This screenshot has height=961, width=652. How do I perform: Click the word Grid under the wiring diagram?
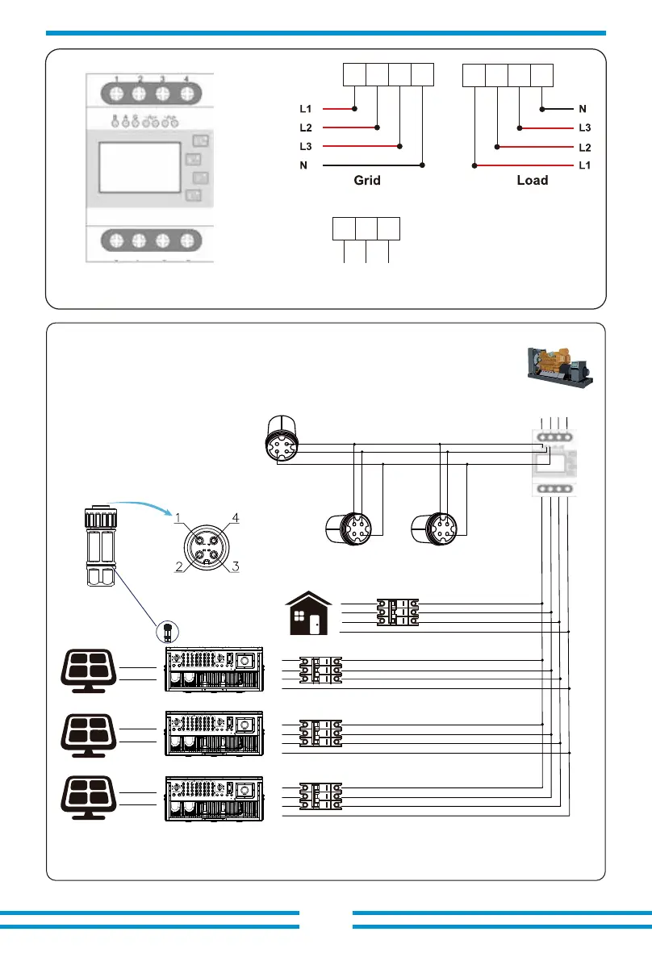[367, 181]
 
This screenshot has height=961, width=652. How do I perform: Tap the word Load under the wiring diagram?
[533, 181]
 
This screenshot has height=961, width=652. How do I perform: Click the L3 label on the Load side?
[585, 127]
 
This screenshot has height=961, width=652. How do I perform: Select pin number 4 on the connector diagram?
[236, 516]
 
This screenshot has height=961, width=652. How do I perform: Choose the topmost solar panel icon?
[90, 669]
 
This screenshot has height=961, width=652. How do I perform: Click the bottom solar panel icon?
[90, 796]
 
